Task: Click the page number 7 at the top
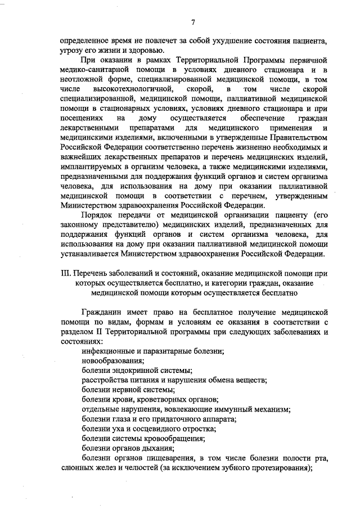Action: tap(193, 22)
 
